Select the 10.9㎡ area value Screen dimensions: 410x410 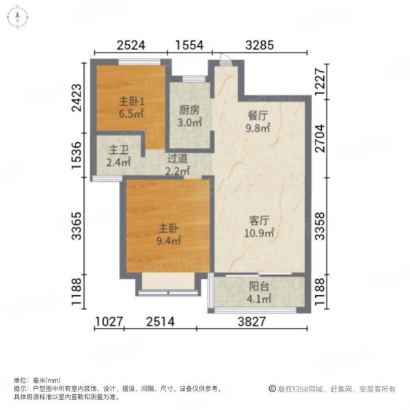[x=260, y=233]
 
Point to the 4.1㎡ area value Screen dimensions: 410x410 [x=260, y=298]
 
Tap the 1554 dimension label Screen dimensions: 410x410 [x=189, y=46]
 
